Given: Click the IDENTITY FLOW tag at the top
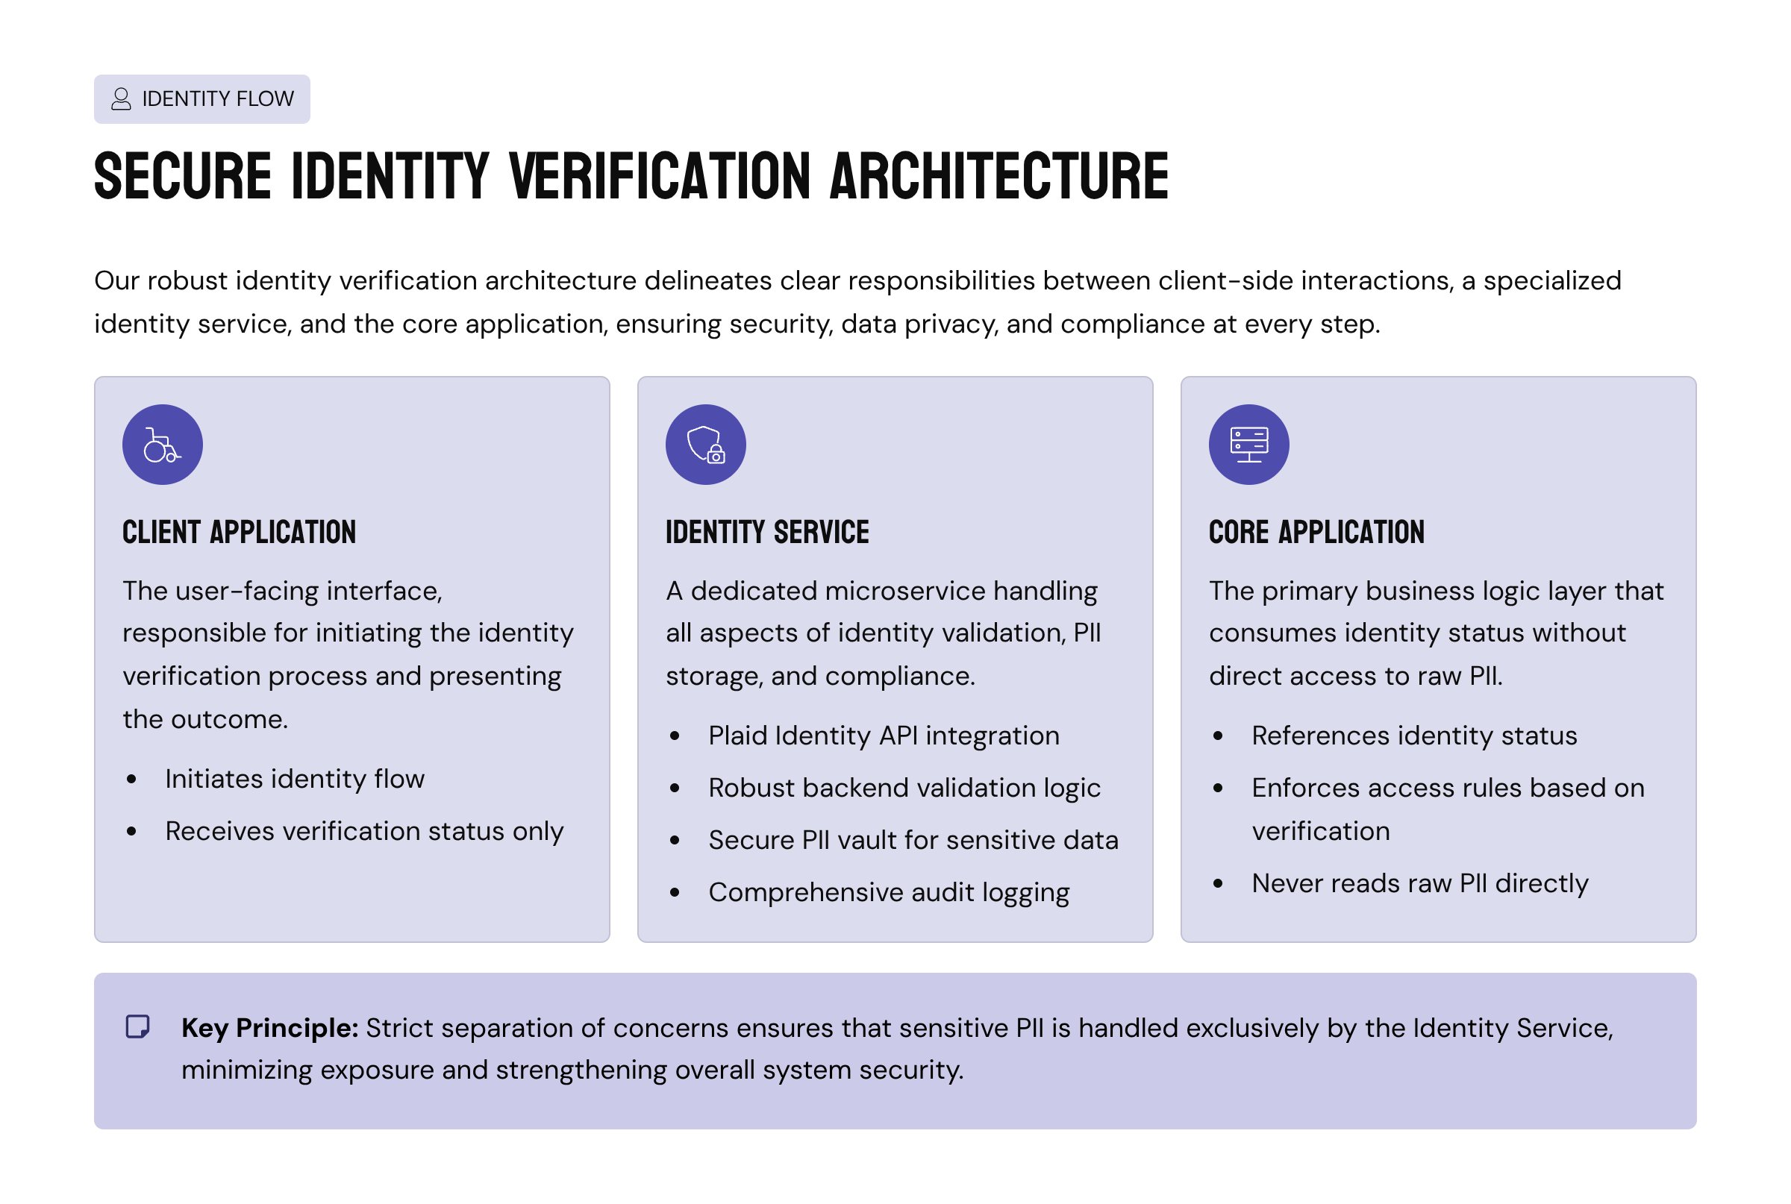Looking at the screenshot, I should (202, 99).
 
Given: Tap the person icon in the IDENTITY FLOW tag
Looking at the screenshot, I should (122, 99).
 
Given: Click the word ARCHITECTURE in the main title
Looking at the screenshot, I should (998, 177).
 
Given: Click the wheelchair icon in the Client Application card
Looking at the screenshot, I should (162, 445).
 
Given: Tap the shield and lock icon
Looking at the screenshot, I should (705, 445).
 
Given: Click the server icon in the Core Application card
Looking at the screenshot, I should (1248, 445).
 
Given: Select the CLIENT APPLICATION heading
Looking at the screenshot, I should (239, 532).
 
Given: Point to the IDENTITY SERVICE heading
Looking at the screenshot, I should (766, 532).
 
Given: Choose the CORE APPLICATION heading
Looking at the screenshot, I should (1316, 532).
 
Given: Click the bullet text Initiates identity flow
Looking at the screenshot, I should (294, 780).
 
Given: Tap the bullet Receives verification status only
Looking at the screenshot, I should (364, 832).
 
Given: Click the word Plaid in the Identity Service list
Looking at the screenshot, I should (737, 736).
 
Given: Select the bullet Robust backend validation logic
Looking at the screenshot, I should (904, 788).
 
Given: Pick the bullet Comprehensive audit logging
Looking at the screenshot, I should (889, 892).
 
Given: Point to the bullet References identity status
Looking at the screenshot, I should (1414, 736).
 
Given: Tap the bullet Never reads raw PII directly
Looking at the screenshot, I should (1419, 884).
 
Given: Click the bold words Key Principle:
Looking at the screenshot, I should (269, 1028).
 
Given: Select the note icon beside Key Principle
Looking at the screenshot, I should (137, 1027).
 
